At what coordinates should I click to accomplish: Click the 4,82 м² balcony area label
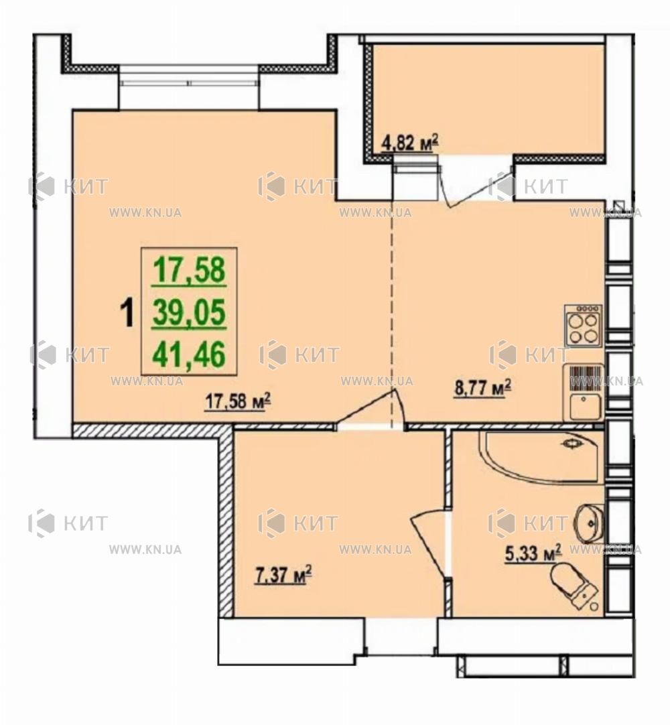tap(409, 143)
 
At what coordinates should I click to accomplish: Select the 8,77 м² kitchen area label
tap(483, 387)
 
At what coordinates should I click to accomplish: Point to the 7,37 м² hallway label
tap(283, 576)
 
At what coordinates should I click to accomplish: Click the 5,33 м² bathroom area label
tap(533, 553)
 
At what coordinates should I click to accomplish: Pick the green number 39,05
tap(189, 313)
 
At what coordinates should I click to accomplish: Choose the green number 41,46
tap(189, 354)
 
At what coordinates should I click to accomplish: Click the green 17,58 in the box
tap(189, 271)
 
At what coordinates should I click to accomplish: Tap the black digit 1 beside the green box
tap(127, 312)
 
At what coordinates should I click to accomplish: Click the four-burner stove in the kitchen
tap(583, 325)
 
